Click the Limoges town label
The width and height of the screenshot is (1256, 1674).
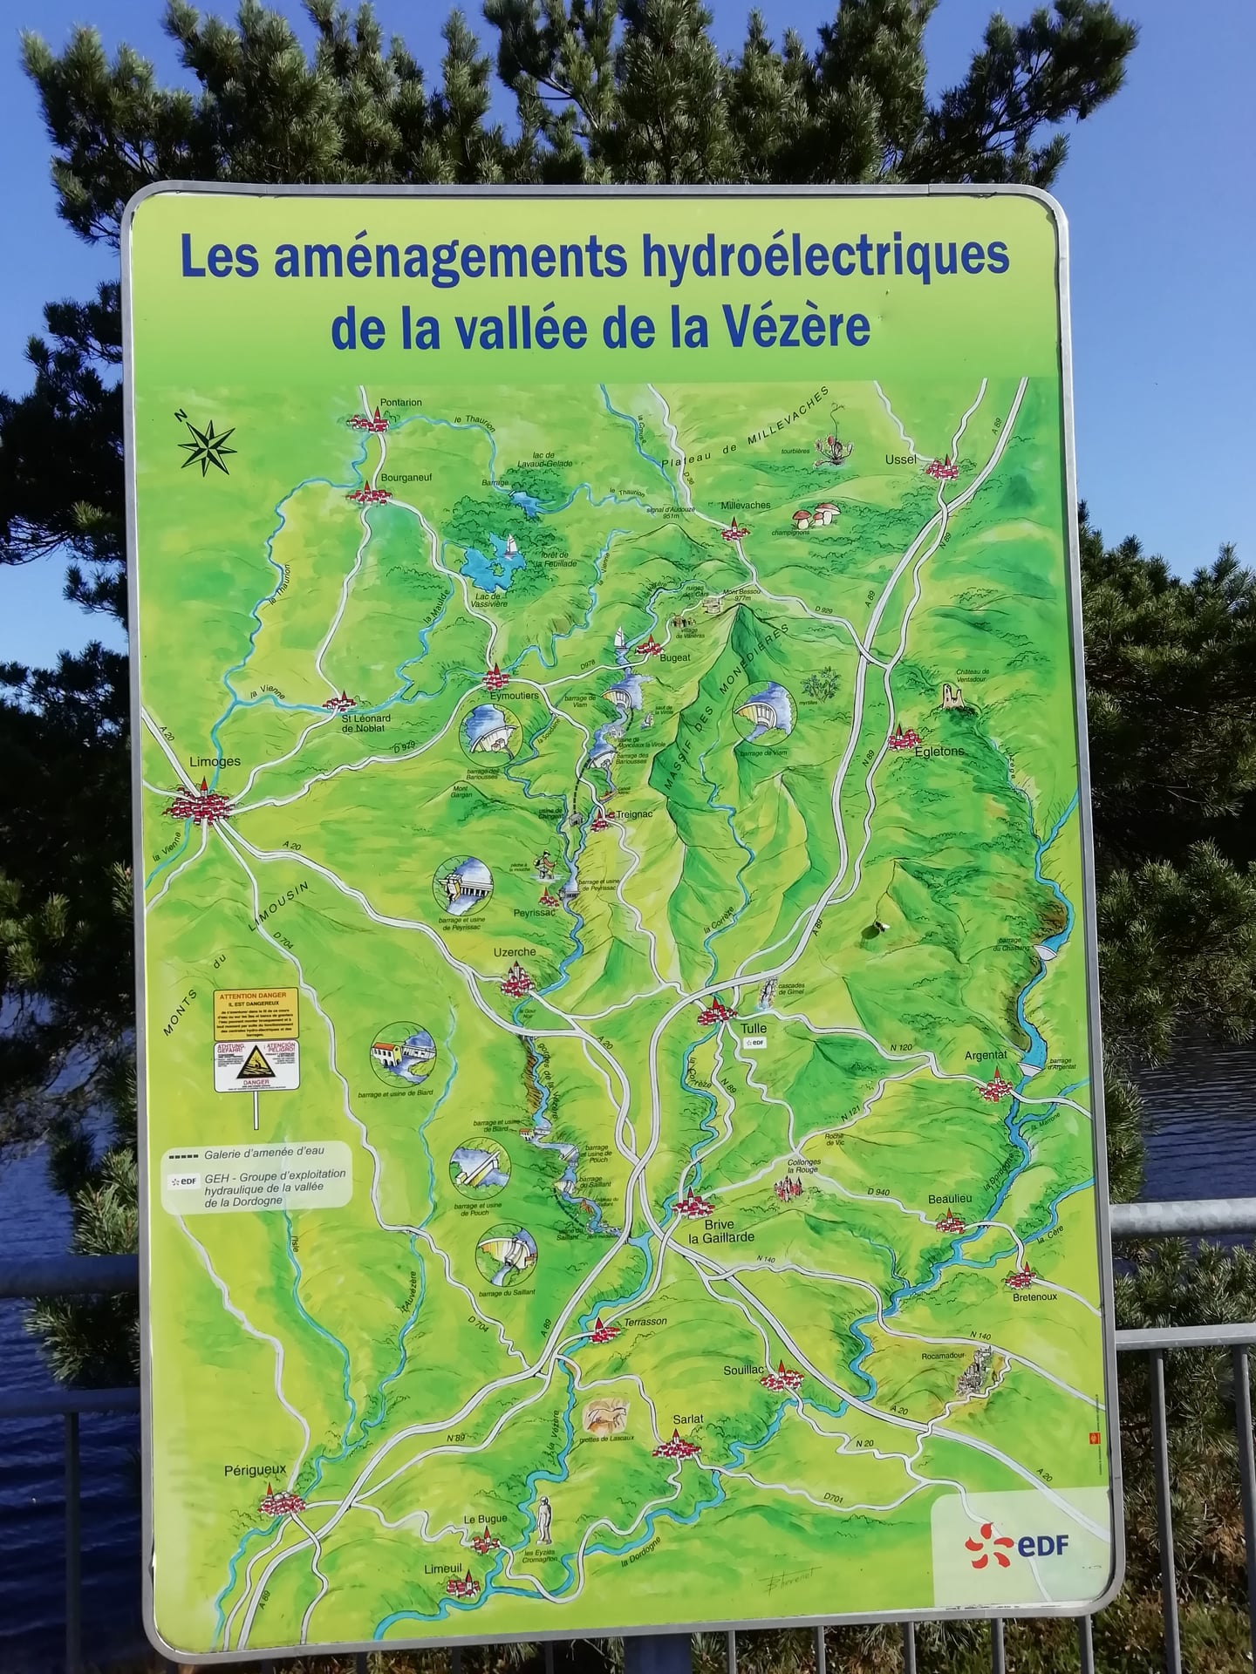tap(215, 761)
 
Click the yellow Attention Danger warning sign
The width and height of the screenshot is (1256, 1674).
tap(256, 1013)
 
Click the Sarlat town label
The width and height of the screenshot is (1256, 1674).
tap(687, 1419)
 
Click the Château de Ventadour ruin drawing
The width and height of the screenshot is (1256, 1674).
tap(952, 697)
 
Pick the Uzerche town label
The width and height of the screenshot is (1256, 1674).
tap(515, 952)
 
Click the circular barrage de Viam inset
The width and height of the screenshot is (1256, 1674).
tap(765, 711)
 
